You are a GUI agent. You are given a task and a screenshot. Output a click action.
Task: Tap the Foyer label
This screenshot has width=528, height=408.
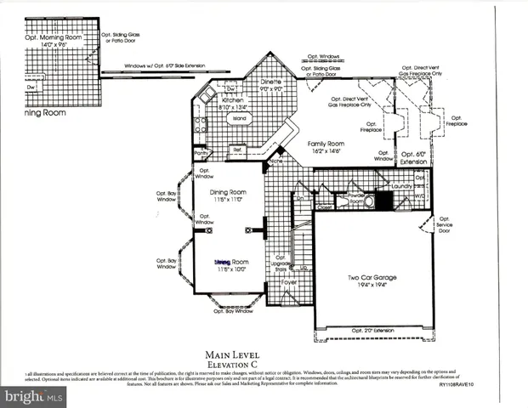[x=290, y=281]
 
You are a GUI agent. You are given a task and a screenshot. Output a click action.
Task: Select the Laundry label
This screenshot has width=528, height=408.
[x=402, y=186]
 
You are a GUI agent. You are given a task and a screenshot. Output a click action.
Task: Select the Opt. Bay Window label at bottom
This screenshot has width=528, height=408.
[x=232, y=311]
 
